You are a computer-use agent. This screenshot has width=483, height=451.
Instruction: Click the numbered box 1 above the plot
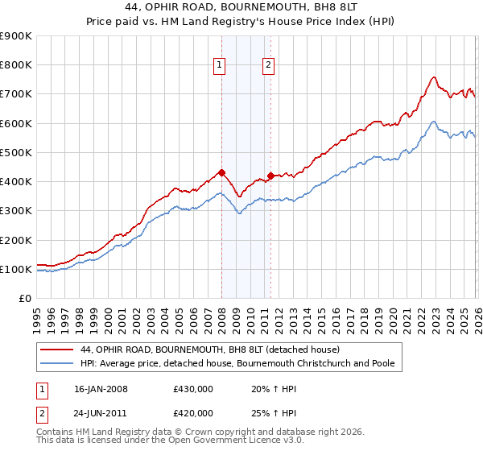coord(219,67)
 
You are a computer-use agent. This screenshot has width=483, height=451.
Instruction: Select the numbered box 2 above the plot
coord(267,67)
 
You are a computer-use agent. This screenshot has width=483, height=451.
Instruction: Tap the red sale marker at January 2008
coord(221,172)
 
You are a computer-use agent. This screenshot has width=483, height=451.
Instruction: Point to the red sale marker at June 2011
coord(270,176)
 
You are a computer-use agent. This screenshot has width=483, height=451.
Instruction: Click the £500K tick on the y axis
coord(16,152)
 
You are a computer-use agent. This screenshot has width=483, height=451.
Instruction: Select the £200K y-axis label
coord(16,240)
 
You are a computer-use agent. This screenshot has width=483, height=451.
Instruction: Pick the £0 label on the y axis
coord(24,299)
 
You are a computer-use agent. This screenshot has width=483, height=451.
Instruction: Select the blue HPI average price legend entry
coord(237,364)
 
